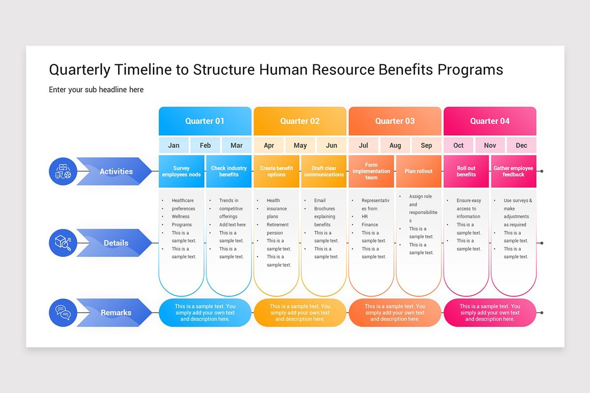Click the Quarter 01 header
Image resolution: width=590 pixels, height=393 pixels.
[x=205, y=121]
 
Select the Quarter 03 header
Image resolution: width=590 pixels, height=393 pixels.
[x=395, y=121]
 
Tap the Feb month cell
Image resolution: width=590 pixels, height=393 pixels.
[x=205, y=145]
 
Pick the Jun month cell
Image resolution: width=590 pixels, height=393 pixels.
[x=331, y=145]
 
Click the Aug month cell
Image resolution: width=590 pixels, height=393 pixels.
[x=395, y=145]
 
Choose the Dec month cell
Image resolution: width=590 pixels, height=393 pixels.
[x=521, y=145]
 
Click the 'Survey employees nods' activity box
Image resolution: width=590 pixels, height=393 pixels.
[x=181, y=171]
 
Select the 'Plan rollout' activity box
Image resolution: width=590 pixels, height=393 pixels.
[x=418, y=171]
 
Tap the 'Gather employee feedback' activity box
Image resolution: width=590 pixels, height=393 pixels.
[x=513, y=171]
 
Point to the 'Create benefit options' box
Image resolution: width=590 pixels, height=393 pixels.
[x=276, y=171]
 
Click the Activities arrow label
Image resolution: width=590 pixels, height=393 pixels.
[x=116, y=171]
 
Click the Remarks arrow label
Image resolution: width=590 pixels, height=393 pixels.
[x=116, y=312]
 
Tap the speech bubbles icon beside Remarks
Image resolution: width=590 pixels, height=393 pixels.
[x=63, y=312]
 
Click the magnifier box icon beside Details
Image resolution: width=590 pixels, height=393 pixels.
[x=63, y=243]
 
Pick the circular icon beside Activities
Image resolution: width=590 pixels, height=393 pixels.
[x=63, y=171]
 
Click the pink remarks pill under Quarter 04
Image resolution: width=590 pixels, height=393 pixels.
[x=490, y=312]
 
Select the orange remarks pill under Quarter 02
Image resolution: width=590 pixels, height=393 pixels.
[x=300, y=312]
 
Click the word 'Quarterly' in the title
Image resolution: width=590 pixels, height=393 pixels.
[x=80, y=70]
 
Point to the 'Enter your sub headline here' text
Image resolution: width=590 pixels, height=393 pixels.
[x=96, y=89]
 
